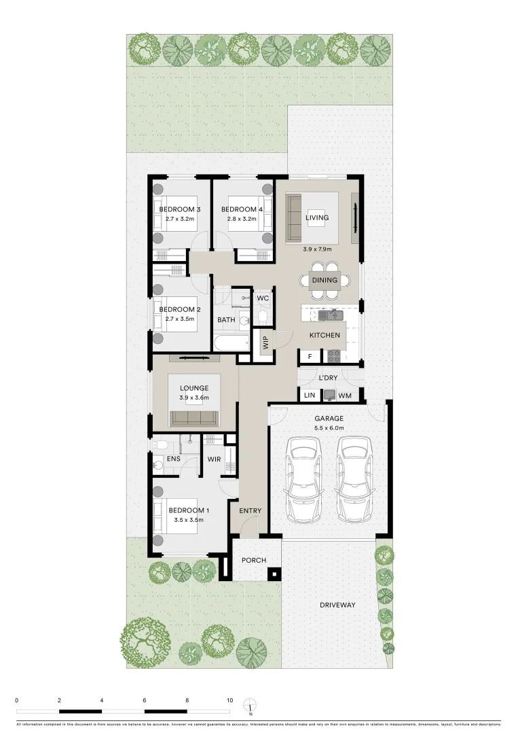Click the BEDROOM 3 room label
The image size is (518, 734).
tap(179, 209)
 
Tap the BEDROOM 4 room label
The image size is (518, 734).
tap(240, 209)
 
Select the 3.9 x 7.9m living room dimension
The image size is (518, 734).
tap(317, 249)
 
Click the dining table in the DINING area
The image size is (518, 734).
tap(324, 280)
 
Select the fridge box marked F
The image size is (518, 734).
tap(310, 355)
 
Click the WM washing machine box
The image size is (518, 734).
tap(345, 395)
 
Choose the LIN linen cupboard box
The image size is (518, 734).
tap(310, 395)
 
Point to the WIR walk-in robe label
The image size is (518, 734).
tap(215, 459)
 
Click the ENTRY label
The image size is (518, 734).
tap(250, 511)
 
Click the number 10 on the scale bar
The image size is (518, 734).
tap(230, 700)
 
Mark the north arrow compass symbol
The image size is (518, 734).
tap(251, 707)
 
